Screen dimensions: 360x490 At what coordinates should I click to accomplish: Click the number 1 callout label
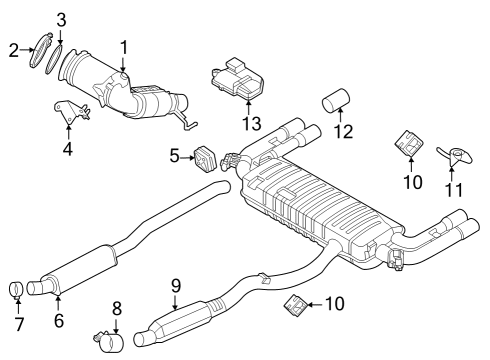tap(123, 47)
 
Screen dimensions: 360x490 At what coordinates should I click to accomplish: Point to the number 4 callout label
tap(68, 151)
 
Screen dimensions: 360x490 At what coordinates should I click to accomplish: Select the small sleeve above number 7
tap(17, 291)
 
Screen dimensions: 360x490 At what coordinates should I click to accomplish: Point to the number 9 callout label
tap(176, 286)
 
